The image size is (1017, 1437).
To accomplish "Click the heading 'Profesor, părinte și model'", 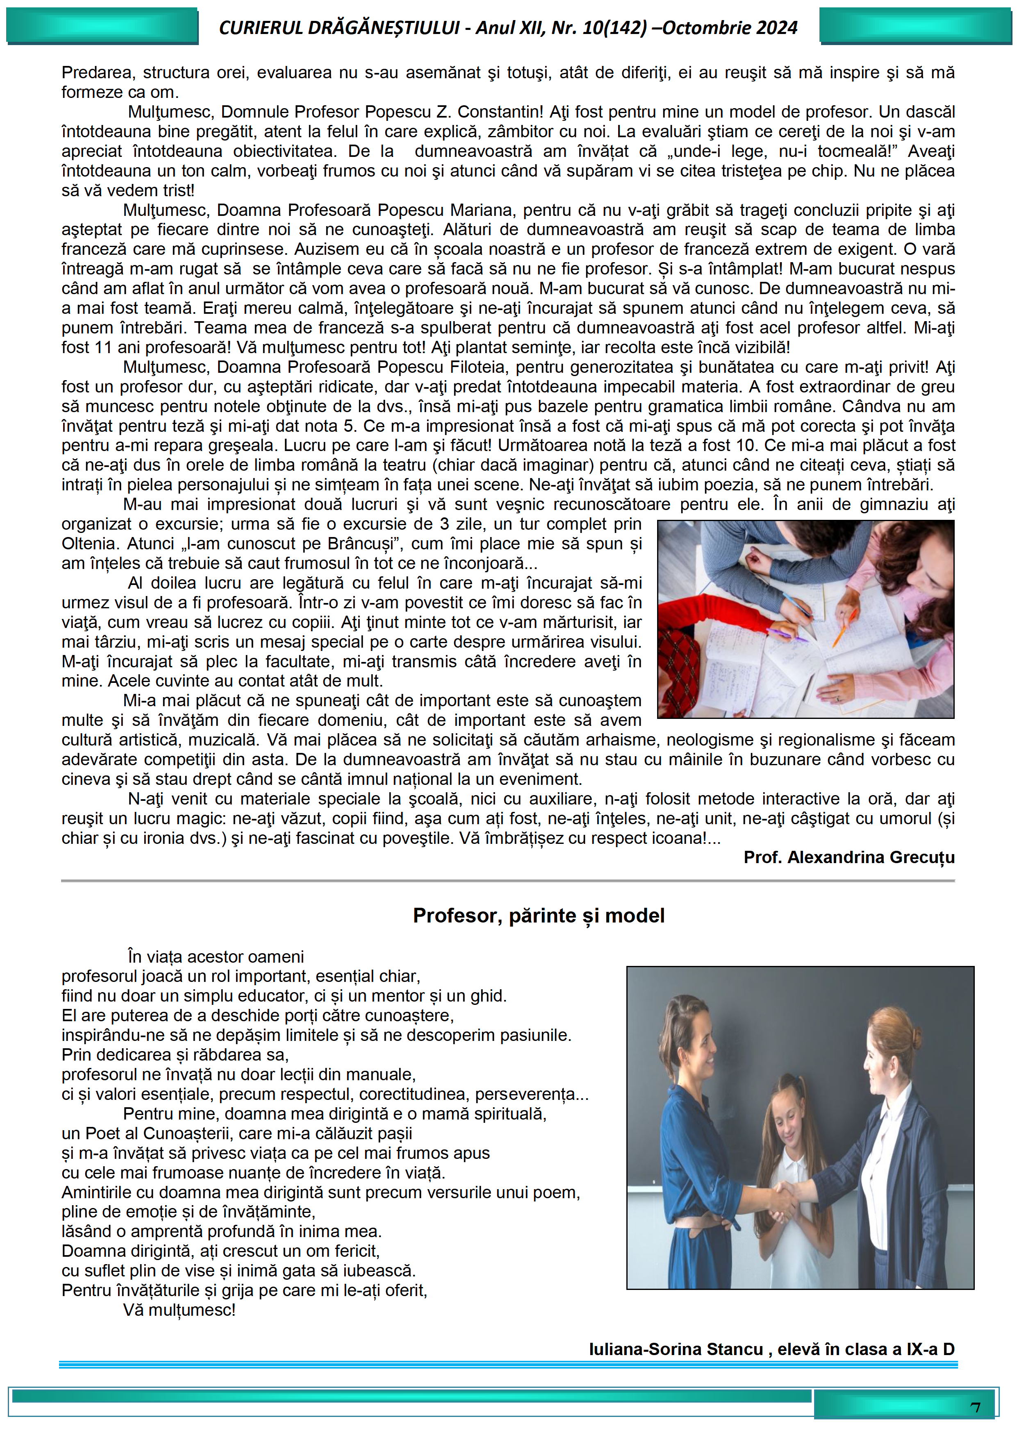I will pos(539,916).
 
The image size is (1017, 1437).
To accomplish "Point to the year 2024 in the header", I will pos(776,27).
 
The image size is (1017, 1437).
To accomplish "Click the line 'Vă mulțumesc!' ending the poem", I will pos(179,1310).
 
